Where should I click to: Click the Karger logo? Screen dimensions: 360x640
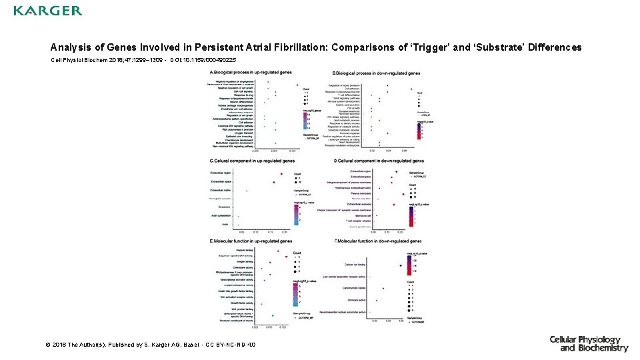pos(47,11)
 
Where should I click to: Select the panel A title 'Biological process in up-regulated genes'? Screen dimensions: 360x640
pos(251,72)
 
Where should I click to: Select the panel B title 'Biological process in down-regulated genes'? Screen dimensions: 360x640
pos(376,73)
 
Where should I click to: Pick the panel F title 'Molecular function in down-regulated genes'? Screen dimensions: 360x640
pos(377,241)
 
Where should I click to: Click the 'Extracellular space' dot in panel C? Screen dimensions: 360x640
pos(273,181)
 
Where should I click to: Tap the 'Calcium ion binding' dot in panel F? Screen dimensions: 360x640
pos(401,265)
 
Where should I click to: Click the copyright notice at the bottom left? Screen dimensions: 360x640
pos(150,345)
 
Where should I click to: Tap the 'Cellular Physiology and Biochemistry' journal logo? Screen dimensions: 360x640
pos(588,344)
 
